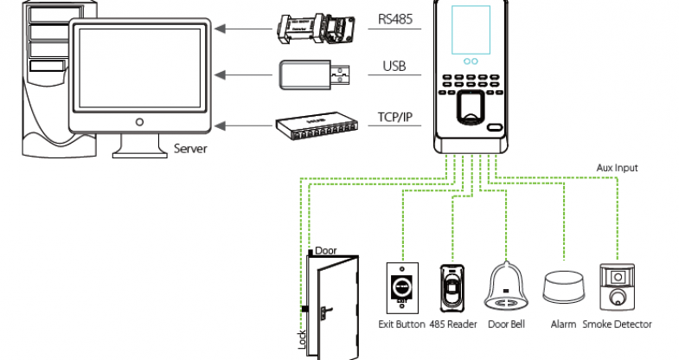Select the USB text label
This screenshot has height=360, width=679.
(x=394, y=66)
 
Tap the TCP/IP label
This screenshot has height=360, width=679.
(x=398, y=116)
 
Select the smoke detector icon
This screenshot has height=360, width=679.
(x=617, y=287)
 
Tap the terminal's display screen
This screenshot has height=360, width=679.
(x=474, y=30)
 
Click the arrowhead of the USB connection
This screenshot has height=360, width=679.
(x=220, y=74)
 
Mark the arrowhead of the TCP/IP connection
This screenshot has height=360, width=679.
(x=220, y=126)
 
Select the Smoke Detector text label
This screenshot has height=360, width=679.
(x=618, y=325)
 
